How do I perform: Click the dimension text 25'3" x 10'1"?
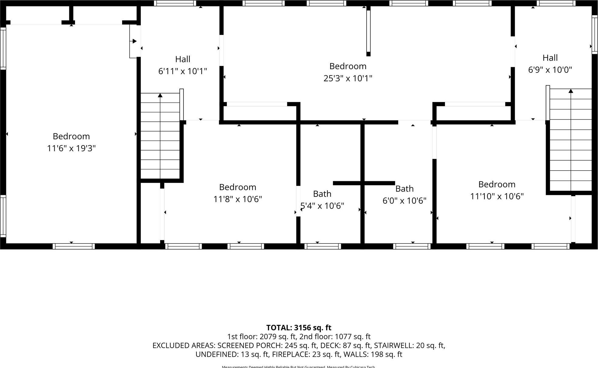[348, 78]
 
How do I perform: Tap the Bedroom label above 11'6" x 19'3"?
[71, 136]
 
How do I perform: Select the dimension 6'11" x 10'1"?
[183, 71]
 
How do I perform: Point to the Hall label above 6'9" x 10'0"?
[550, 58]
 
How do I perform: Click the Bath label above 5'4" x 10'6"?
[322, 194]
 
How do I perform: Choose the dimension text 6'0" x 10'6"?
[404, 201]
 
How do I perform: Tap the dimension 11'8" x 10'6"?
[237, 199]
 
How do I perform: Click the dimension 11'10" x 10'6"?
[497, 196]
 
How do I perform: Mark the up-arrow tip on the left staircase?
[160, 95]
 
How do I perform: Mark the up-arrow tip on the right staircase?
[571, 91]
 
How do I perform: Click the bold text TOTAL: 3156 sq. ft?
[299, 328]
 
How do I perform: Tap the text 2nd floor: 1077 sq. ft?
[335, 337]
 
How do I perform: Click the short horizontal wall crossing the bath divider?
[364, 183]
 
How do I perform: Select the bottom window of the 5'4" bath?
[323, 246]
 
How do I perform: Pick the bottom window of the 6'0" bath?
[412, 246]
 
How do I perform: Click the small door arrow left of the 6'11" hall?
[134, 41]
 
